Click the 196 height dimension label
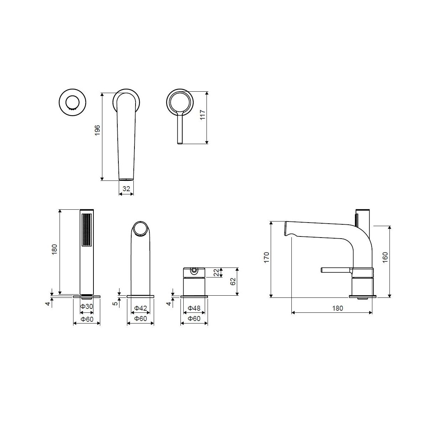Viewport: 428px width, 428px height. [x=97, y=131]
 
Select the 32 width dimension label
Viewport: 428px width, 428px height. [x=126, y=189]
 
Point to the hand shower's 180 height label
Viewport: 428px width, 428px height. [x=54, y=249]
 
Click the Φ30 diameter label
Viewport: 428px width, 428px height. [x=86, y=306]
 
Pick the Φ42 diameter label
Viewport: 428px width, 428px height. [x=141, y=308]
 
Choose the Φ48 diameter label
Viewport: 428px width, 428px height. [x=194, y=308]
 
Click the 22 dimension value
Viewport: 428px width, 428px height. [x=216, y=272]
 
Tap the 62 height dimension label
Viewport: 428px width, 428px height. [x=233, y=282]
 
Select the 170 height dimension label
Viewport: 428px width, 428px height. [x=266, y=258]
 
